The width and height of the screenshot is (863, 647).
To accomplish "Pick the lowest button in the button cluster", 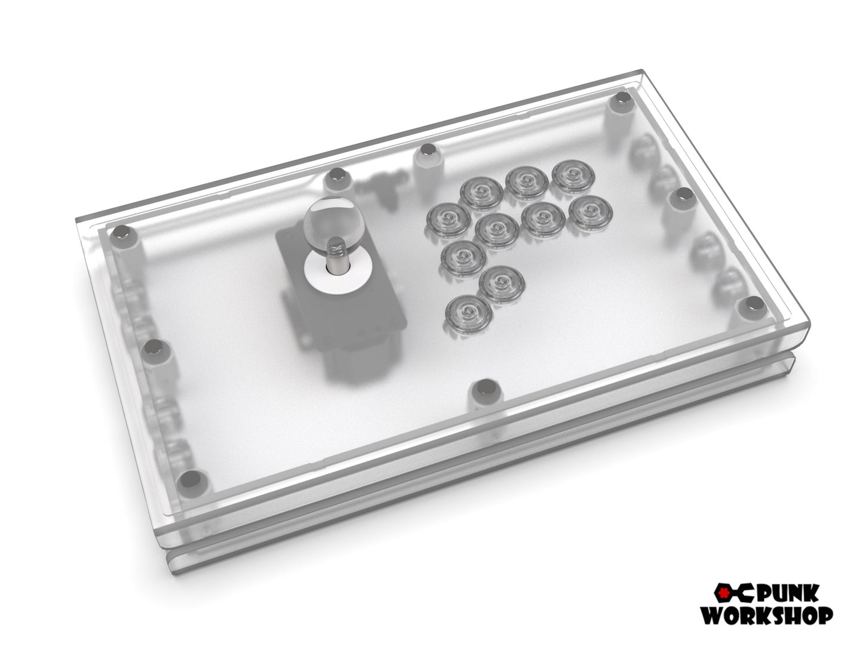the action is (469, 313).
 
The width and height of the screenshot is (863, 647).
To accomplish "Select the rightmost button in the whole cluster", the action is (590, 212).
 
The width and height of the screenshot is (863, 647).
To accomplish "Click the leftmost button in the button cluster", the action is (448, 220).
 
